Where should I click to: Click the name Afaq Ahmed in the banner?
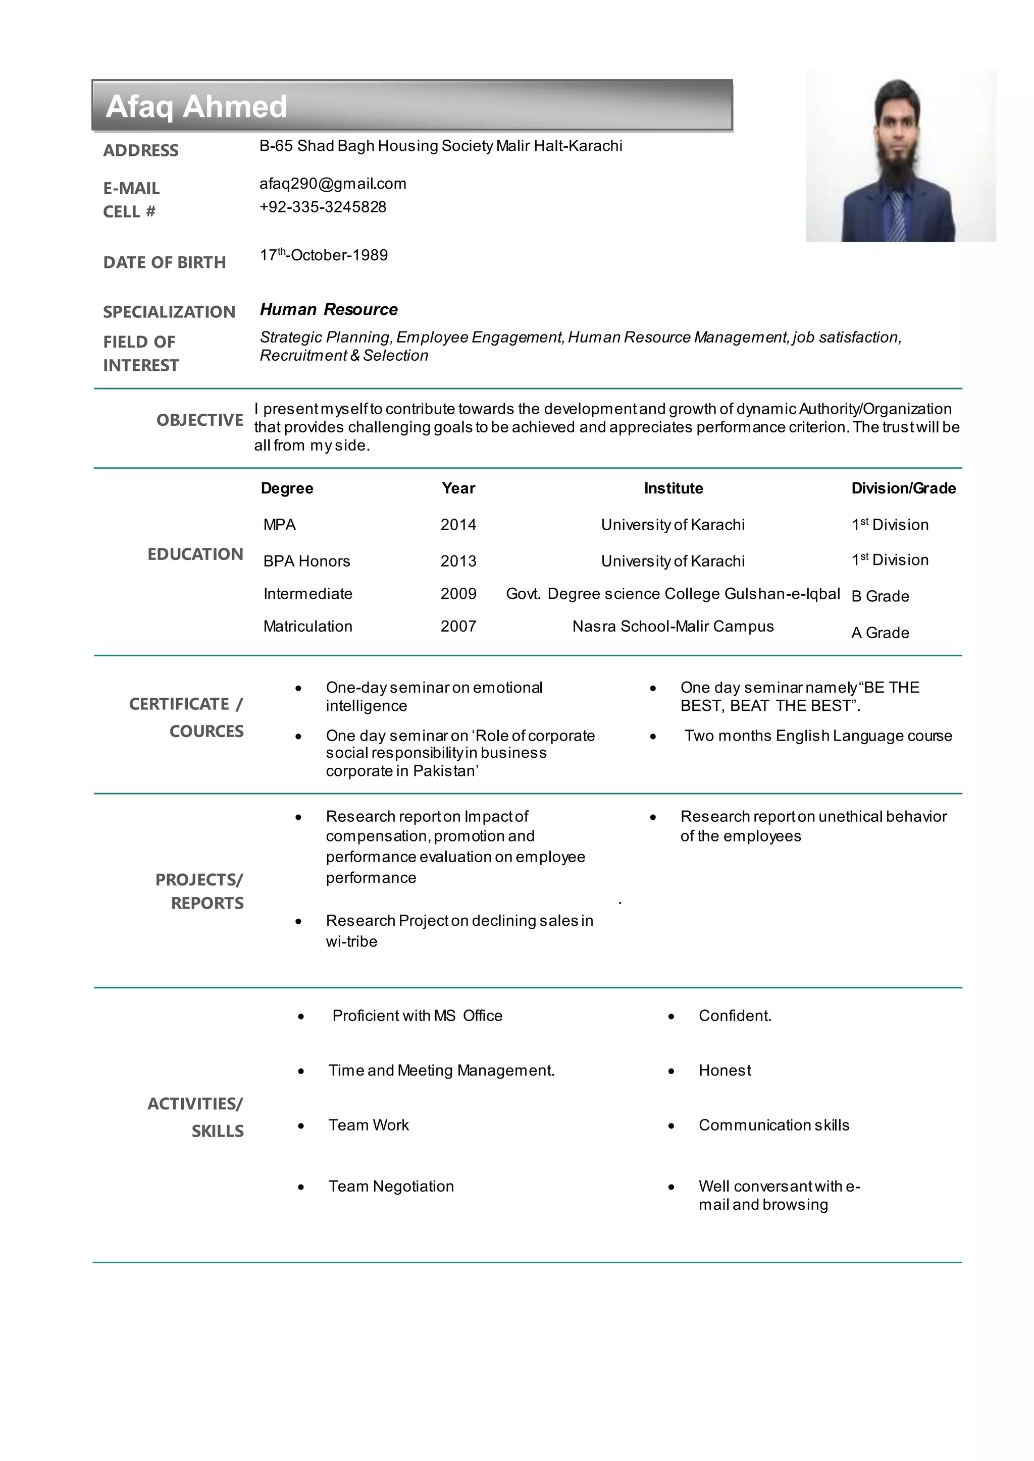196,106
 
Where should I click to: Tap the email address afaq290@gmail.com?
332,184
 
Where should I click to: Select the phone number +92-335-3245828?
323,207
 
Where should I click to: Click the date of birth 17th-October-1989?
324,255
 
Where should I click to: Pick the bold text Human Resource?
329,310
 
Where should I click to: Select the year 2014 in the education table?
458,525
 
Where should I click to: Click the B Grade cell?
880,596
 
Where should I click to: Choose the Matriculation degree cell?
307,626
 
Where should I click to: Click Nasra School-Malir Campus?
673,626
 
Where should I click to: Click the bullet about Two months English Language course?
817,736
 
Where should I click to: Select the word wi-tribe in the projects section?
351,942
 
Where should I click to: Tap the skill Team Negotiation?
391,1186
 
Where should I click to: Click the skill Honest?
725,1071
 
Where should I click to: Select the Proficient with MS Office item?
417,1016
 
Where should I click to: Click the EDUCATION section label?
195,554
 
